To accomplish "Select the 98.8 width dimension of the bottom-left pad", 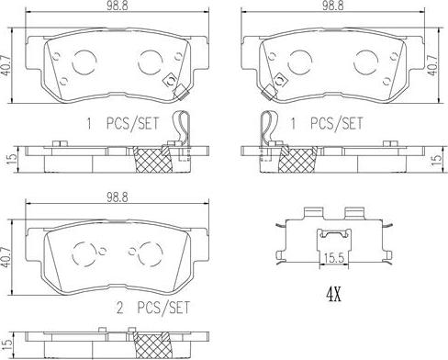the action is coord(118,197).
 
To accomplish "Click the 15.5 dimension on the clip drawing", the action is coord(334,259).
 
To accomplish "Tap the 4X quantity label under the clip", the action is coord(333,295).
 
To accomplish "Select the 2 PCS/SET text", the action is coord(153,308).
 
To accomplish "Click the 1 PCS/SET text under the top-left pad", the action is coord(122,123).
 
